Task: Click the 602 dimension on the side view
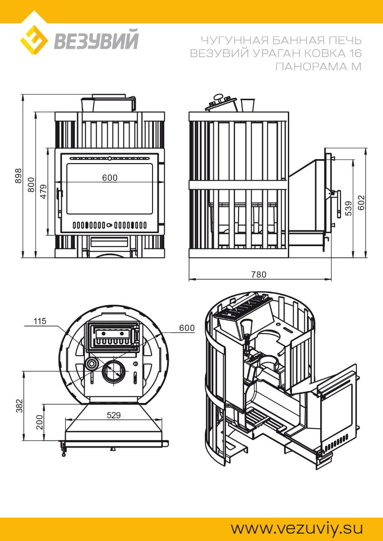(362, 203)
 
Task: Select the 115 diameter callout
(40, 321)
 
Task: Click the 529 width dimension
(113, 416)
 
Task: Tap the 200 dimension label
(39, 422)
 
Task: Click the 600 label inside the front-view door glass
(110, 178)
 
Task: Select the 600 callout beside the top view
(187, 328)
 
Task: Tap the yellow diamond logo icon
(34, 40)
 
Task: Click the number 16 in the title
(355, 54)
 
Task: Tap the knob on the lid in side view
(219, 96)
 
